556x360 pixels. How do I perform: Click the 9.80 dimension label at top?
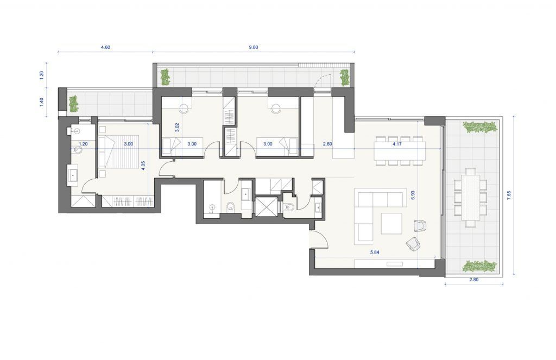coord(253,47)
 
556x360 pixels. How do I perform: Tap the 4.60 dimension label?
coord(105,47)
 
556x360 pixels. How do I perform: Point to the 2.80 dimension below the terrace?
coord(473,280)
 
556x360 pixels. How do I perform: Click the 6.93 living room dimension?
coord(413,195)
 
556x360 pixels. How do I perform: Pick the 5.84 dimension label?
coord(375,252)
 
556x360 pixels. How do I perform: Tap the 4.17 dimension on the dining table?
coord(397,144)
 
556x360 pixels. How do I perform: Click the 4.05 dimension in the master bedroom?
coord(143,166)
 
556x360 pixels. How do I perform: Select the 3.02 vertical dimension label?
coord(177,127)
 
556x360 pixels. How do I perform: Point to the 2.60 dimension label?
coord(327,144)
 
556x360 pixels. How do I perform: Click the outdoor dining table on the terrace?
coord(471,198)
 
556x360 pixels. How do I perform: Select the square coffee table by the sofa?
coord(391,224)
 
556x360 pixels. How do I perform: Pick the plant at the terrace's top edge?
coord(480,127)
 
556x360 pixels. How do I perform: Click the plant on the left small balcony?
coord(73,104)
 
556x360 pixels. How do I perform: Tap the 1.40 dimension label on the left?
coord(41,103)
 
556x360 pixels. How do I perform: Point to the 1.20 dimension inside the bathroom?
coord(83,144)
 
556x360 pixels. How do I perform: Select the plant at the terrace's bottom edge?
coord(480,266)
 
